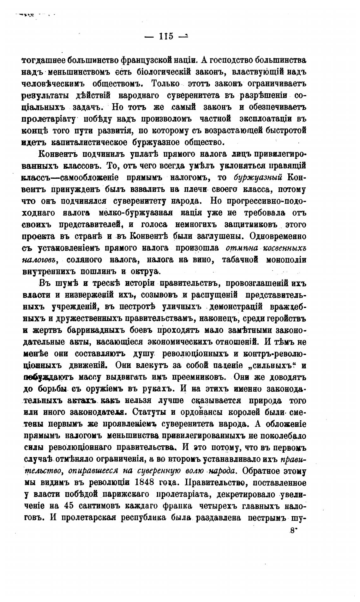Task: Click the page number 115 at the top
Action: (166, 37)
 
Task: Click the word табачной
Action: (240, 260)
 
